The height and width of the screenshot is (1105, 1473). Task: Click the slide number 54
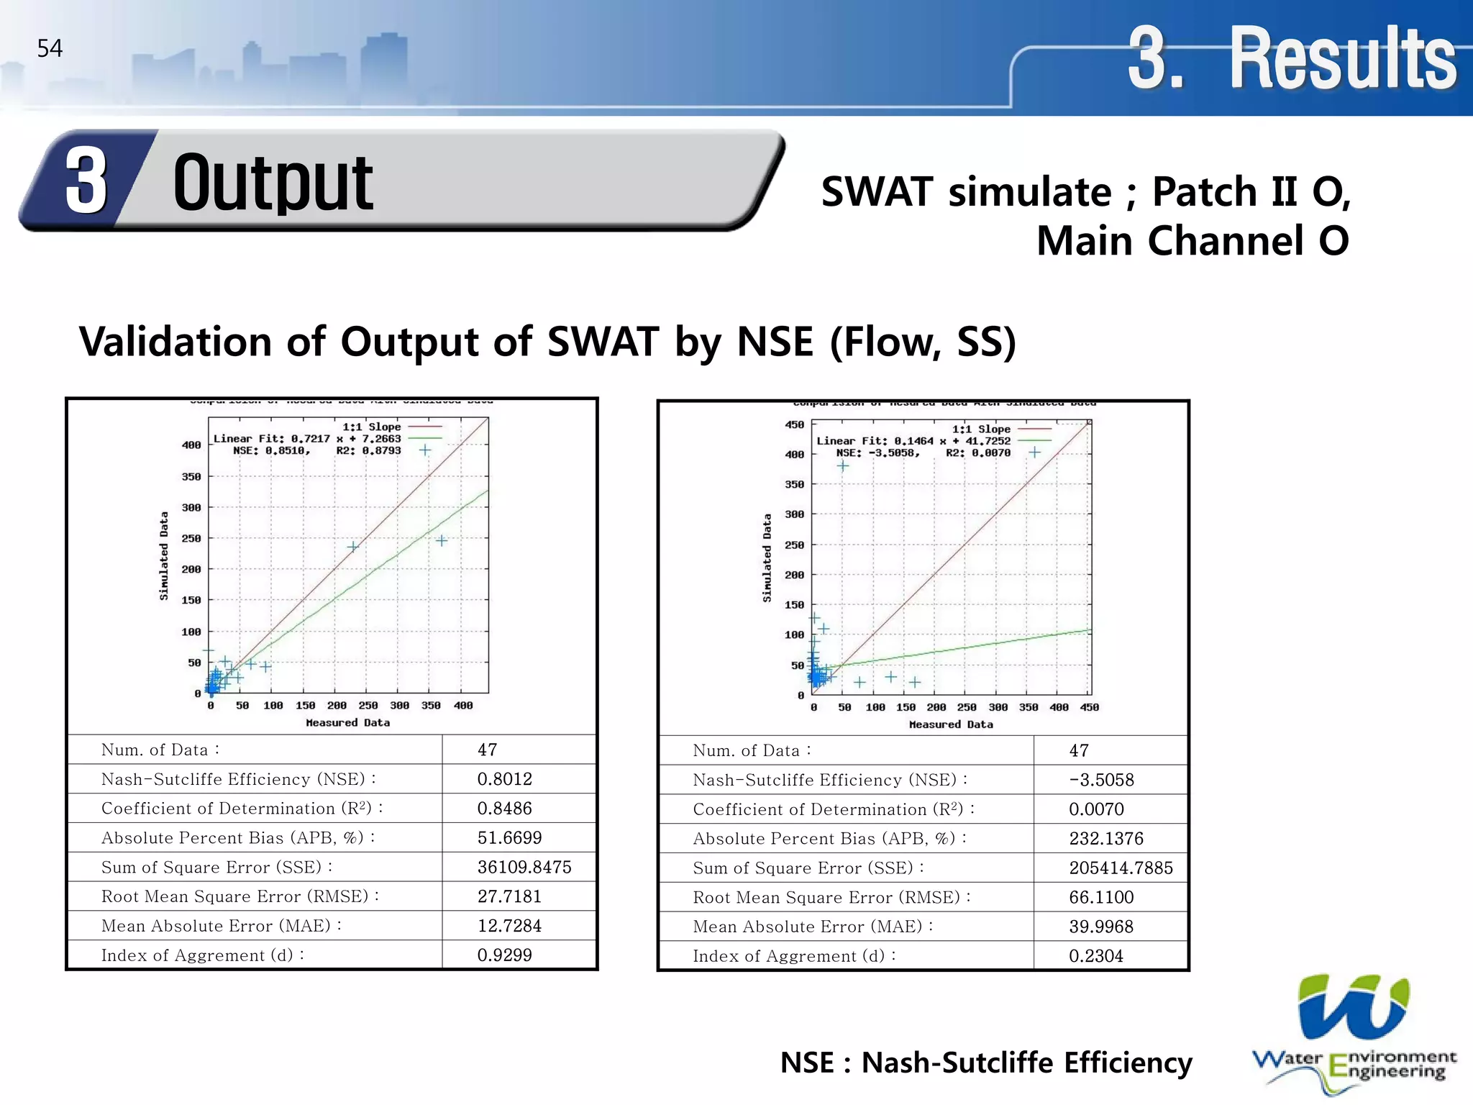coord(50,49)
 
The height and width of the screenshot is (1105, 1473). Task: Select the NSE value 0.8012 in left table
coord(504,779)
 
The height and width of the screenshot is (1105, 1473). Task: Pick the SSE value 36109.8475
coord(524,867)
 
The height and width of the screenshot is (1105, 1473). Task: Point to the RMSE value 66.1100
coord(1100,897)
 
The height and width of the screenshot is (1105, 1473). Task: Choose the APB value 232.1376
coord(1105,838)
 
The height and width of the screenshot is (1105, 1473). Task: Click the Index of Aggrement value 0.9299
coord(504,955)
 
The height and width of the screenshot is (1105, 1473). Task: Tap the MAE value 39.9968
coord(1100,927)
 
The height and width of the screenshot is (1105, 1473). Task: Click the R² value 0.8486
coord(504,809)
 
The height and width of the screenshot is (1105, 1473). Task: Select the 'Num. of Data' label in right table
coord(751,750)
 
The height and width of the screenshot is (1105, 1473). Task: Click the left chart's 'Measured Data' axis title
coord(347,722)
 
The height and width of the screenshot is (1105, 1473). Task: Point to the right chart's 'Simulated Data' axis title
coord(767,558)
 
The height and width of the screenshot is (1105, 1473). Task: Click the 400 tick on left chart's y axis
coord(191,445)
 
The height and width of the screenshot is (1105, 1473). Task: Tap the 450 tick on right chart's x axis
coord(1089,707)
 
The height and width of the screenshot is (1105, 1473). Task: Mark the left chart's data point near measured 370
coord(442,540)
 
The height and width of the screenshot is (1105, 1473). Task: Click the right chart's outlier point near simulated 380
coord(843,465)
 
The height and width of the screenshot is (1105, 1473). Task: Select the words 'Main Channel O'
coord(1192,240)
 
